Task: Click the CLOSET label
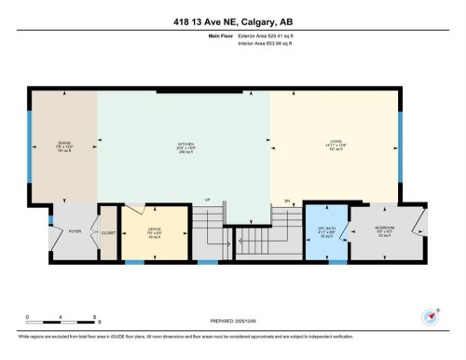108,233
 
